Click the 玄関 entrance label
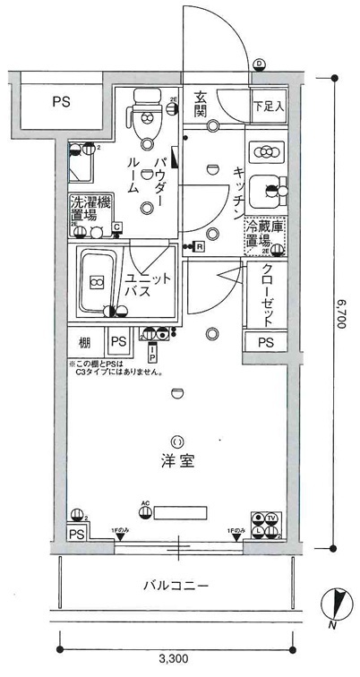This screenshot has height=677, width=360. [201, 105]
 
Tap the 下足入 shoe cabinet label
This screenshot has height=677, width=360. [266, 106]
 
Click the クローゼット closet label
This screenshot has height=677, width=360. [267, 297]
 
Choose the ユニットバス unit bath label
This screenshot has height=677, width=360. [144, 285]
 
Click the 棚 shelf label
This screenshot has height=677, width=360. [84, 340]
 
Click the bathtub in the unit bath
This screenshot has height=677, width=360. [96, 280]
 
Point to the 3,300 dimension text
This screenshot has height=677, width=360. [178, 660]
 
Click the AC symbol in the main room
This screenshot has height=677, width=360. [145, 503]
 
